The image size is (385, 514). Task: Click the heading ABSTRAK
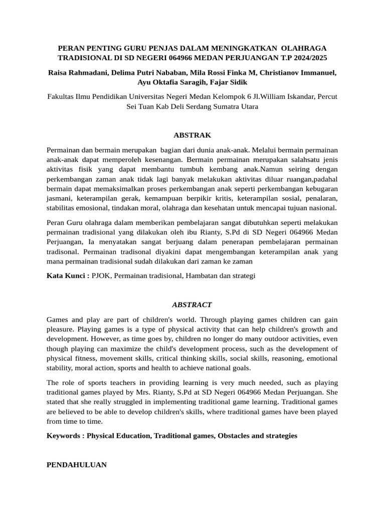point(192,135)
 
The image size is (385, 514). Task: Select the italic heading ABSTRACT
point(192,305)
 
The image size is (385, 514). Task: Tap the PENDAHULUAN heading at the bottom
point(77,465)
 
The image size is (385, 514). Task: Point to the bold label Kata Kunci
point(68,276)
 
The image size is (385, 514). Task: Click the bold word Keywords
point(65,436)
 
